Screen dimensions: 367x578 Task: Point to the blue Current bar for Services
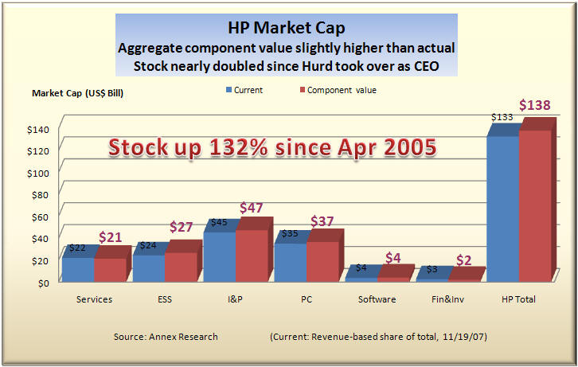78,269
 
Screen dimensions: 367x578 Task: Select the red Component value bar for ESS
181,266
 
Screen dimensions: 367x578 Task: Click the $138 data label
534,105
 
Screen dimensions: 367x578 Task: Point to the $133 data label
502,117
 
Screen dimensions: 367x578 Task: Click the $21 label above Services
112,236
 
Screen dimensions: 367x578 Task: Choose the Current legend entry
244,90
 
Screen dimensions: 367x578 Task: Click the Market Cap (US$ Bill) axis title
77,93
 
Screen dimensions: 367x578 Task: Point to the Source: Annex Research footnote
166,337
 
